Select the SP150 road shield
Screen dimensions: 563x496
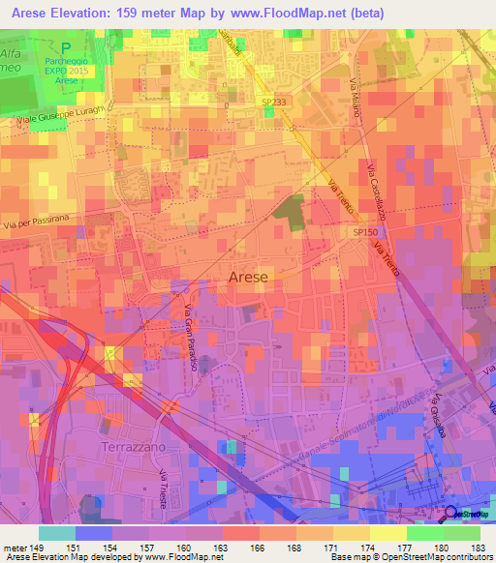click(363, 233)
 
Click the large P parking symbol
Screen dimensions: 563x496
click(65, 46)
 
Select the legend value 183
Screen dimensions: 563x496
click(480, 548)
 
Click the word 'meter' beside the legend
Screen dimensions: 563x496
click(14, 548)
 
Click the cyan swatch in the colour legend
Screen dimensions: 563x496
click(56, 533)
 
